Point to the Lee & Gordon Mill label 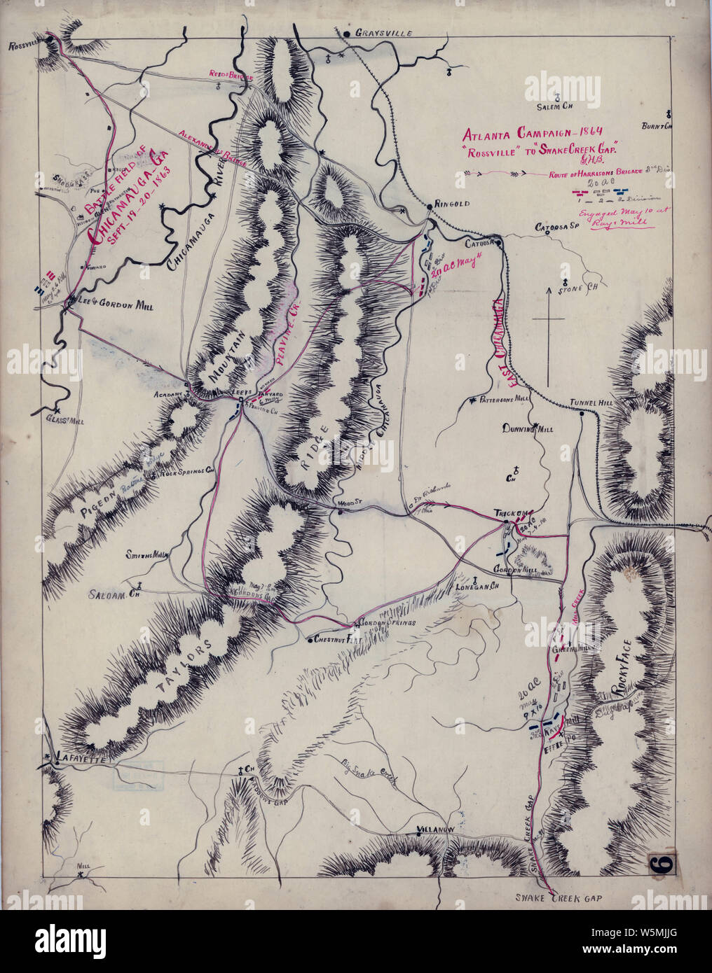pyautogui.click(x=113, y=306)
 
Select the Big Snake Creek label pyautogui.click(x=369, y=773)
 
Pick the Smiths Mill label pyautogui.click(x=147, y=554)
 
